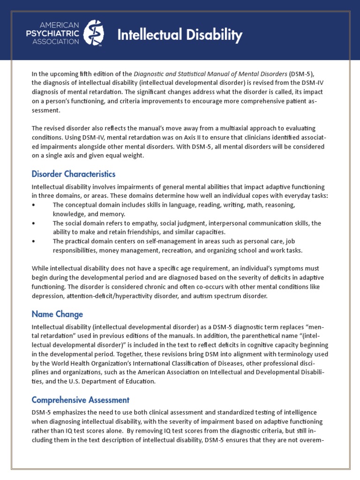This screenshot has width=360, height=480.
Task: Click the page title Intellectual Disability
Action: tap(180, 35)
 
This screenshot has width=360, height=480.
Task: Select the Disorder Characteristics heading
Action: tap(73, 174)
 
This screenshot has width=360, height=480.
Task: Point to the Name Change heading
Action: tap(57, 314)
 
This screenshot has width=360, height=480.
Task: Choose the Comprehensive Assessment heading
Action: tap(80, 400)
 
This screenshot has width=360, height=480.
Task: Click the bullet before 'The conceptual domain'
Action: tap(33, 205)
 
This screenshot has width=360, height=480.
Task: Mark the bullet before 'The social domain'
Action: tap(33, 224)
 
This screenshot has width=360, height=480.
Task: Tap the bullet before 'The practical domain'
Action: tap(33, 241)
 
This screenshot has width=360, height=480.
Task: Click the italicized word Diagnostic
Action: tap(148, 73)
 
